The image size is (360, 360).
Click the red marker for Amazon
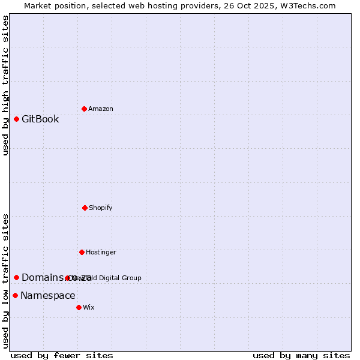click(84, 109)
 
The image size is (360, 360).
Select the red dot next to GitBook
click(16, 119)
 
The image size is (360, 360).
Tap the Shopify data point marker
click(85, 208)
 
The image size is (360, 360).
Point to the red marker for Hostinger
click(82, 252)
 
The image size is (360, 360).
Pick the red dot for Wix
click(79, 307)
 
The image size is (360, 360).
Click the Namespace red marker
click(15, 295)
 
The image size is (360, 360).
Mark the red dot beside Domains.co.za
click(16, 277)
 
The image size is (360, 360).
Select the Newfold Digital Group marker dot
click(67, 278)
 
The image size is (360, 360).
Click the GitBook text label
click(40, 119)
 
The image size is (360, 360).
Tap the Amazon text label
click(101, 109)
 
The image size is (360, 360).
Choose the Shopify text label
click(101, 208)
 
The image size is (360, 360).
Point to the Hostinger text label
click(101, 252)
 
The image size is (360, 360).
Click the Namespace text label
click(48, 295)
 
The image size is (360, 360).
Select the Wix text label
click(89, 307)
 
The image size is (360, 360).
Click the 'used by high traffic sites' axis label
click(5, 85)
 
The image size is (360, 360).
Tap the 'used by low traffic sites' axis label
click(5, 281)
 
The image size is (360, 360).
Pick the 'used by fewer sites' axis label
click(62, 355)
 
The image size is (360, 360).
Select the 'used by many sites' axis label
click(301, 355)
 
